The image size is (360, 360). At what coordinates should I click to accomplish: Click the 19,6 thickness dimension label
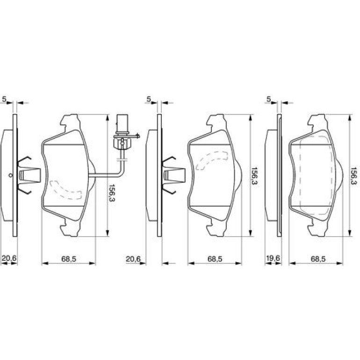point(273,258)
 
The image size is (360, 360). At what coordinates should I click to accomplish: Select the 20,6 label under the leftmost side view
point(9,258)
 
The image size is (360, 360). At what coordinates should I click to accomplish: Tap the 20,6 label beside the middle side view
point(133,259)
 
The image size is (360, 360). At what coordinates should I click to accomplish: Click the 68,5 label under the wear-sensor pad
point(69,259)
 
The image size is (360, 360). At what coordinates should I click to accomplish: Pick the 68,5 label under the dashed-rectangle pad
point(318,259)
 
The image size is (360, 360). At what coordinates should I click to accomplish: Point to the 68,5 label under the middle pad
point(215,259)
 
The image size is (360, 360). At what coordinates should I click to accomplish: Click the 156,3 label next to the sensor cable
point(112,193)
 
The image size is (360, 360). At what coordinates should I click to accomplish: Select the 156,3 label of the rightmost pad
point(354,176)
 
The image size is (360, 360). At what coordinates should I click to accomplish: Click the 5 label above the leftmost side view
point(4,99)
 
